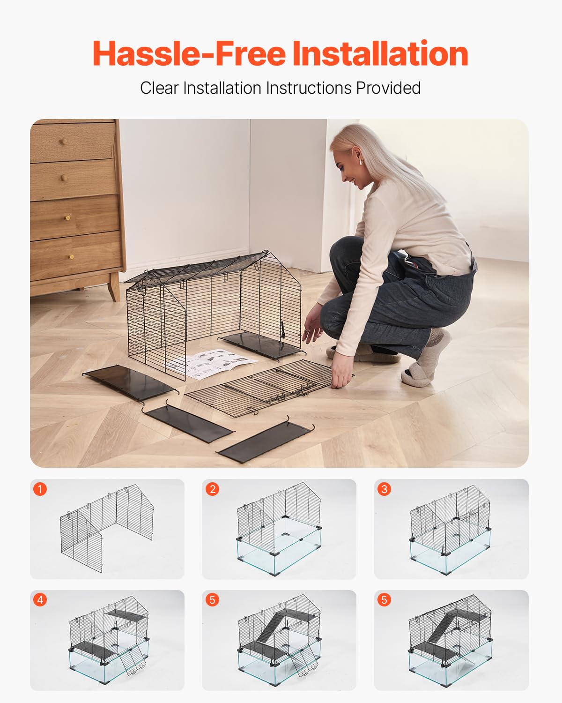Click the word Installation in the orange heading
tap(380, 54)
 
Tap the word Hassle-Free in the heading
tap(189, 54)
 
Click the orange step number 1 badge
tap(40, 489)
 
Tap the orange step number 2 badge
tap(212, 489)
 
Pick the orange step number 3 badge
tap(384, 489)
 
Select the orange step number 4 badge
tap(40, 600)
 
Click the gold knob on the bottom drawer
tap(71, 256)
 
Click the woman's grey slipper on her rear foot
tap(417, 375)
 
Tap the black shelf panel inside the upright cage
tap(260, 346)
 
